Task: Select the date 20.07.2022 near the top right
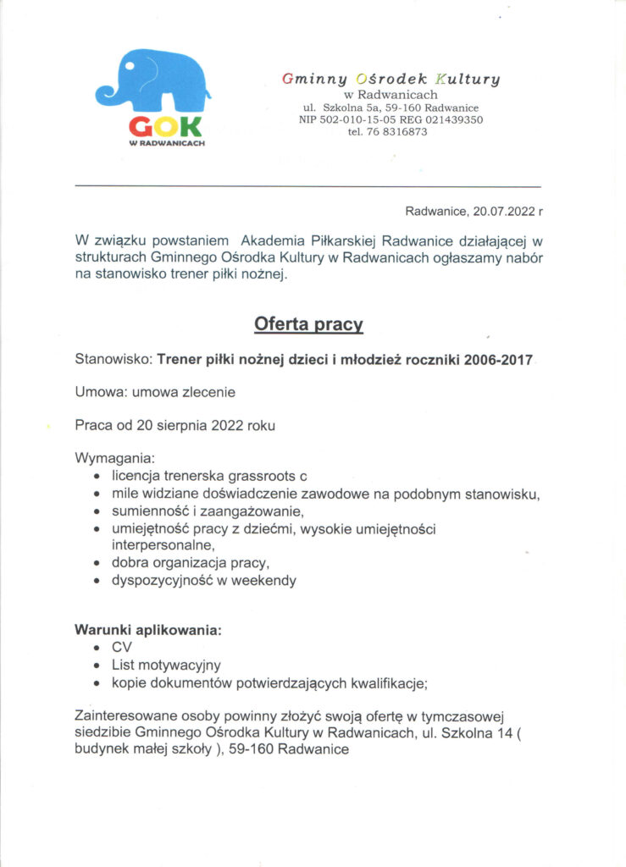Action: tap(503, 210)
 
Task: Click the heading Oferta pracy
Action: tap(309, 324)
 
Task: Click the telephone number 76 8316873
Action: tap(398, 131)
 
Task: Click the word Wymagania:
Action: tap(109, 458)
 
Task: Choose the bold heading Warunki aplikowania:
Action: tap(148, 630)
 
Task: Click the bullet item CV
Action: tap(122, 648)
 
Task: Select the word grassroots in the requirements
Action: tap(262, 476)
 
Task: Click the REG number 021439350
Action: tap(449, 119)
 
